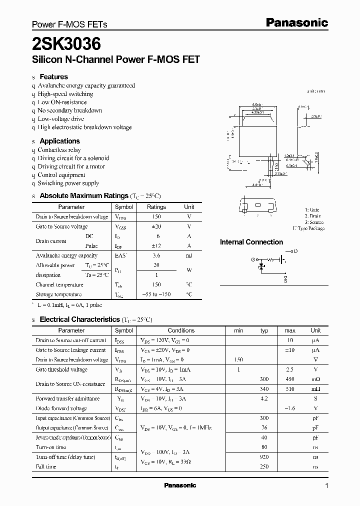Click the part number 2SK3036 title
[66, 43]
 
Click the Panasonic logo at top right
[296, 22]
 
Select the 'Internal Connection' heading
[251, 242]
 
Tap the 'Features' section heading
[53, 76]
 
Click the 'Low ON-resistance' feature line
[62, 102]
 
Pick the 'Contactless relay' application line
[59, 149]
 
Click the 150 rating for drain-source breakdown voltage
[156, 217]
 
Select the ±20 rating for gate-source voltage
[156, 226]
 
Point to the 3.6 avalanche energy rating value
[156, 255]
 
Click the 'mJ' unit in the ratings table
[189, 255]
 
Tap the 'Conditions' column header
[181, 330]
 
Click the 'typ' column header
[264, 330]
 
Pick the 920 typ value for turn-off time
[264, 457]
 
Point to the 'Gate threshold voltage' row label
[61, 369]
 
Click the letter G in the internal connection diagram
[253, 260]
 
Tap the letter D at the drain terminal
[295, 251]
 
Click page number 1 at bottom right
[326, 485]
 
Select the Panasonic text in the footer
[180, 485]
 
